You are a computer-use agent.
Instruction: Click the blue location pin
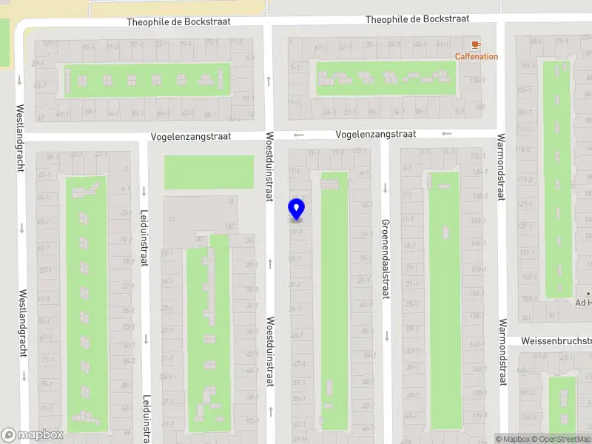pos(297,209)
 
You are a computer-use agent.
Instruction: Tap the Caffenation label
pos(476,56)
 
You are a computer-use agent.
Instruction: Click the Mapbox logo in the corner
pos(32,435)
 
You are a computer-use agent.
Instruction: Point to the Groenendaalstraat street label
pos(385,259)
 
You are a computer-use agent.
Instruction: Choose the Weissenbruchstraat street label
pos(556,341)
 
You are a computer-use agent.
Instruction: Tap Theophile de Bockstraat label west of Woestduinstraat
pos(178,22)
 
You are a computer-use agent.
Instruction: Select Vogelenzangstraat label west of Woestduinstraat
pos(191,137)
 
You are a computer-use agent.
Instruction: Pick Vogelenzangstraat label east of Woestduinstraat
pos(375,134)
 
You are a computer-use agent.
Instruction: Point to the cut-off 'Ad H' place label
pos(584,303)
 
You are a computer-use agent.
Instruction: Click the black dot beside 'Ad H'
pos(589,294)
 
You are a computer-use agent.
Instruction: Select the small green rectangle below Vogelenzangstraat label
pos(202,172)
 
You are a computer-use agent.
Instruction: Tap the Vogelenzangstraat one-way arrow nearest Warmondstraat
pos(446,134)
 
